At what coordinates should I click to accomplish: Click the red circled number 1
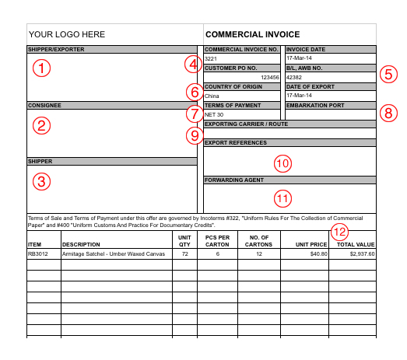pos(41,68)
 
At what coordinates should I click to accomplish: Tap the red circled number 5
pos(388,75)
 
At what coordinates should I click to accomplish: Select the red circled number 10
pos(282,163)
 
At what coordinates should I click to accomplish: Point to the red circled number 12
pos(340,231)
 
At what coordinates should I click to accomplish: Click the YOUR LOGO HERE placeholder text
pos(66,35)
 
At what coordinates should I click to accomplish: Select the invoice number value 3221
pos(210,59)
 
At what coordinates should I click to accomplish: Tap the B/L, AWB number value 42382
pos(294,78)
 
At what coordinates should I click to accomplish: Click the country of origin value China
pos(212,96)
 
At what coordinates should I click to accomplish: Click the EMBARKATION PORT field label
pos(314,105)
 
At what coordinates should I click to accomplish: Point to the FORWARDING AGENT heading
pos(234,180)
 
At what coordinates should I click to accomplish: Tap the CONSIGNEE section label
pos(44,105)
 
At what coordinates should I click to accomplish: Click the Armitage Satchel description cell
pos(113,253)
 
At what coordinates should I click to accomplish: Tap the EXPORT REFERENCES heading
pos(236,143)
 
